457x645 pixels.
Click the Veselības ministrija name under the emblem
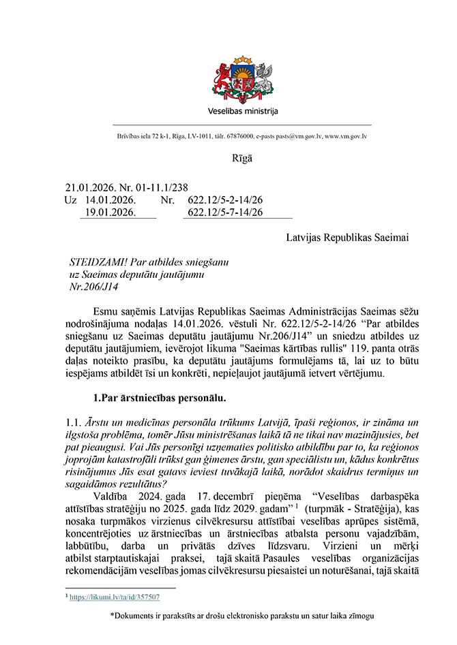click(x=243, y=111)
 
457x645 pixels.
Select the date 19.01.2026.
click(x=110, y=213)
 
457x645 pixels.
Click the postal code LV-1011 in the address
click(x=192, y=136)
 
